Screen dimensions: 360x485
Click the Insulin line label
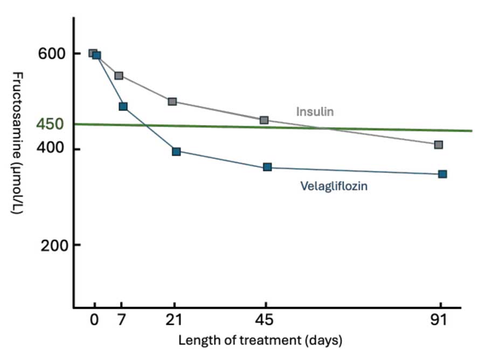(x=315, y=112)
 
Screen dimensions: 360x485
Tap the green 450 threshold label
(x=50, y=124)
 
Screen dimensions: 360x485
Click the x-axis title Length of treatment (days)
(x=260, y=341)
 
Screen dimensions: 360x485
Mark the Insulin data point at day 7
(x=119, y=75)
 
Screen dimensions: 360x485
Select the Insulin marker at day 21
(x=172, y=101)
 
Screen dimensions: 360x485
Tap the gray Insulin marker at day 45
(x=264, y=120)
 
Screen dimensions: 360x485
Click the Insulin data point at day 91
(x=439, y=144)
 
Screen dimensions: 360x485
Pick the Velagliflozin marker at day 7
(x=123, y=107)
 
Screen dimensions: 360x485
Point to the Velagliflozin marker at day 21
(x=176, y=151)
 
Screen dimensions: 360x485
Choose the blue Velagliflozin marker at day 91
(x=442, y=174)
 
